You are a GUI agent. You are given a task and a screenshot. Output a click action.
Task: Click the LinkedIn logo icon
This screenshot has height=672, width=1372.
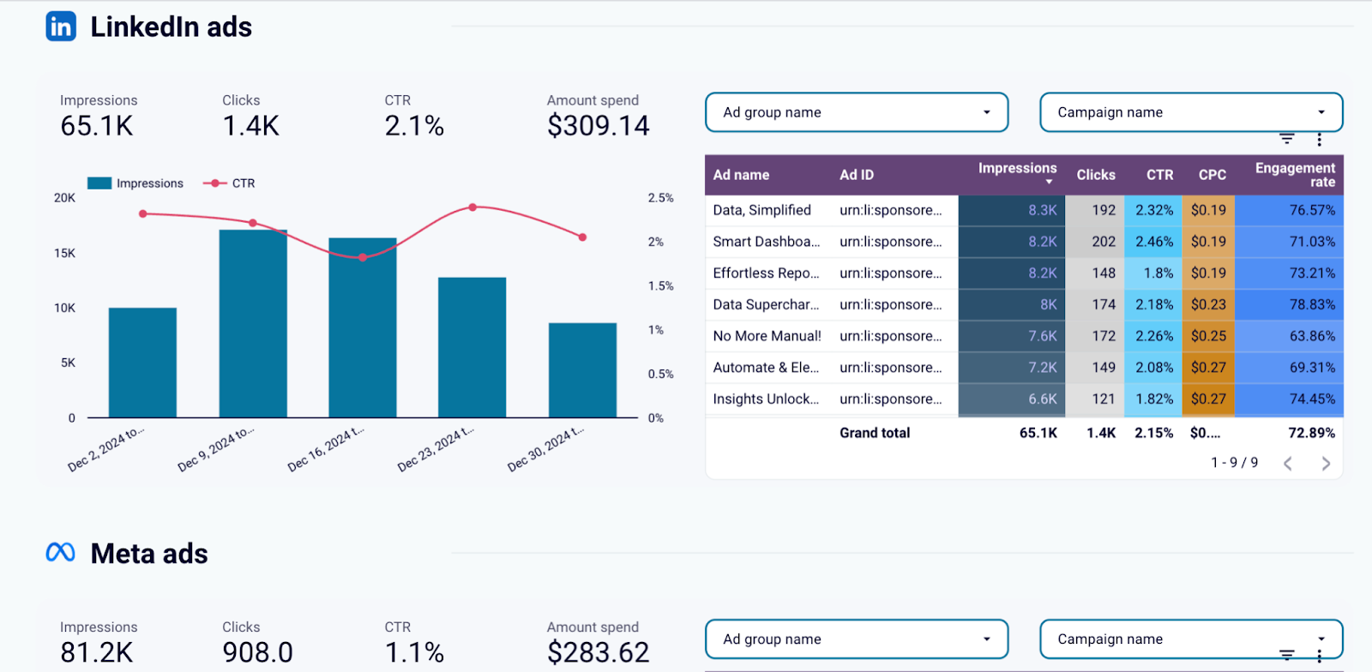tap(61, 27)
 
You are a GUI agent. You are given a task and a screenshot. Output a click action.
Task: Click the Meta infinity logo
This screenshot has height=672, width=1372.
tap(61, 553)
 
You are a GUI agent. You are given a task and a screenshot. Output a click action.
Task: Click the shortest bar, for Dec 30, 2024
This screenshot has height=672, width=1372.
tap(582, 370)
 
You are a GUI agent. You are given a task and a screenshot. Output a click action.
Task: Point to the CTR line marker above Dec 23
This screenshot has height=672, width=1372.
tap(472, 207)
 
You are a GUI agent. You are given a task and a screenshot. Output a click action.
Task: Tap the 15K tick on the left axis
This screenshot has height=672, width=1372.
tap(65, 253)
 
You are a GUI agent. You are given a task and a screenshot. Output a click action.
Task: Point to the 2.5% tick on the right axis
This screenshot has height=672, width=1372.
tap(660, 198)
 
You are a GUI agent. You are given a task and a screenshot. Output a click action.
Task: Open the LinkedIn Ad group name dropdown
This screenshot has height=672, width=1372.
tap(856, 112)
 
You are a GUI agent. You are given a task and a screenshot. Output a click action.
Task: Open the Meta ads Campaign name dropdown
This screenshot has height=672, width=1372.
tap(1190, 639)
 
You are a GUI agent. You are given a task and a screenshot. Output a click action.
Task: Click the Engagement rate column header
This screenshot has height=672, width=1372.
tap(1295, 175)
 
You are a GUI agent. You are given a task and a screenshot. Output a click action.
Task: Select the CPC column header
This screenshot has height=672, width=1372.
tap(1212, 175)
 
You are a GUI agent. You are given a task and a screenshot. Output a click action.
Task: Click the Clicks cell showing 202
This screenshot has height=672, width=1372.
tap(1103, 242)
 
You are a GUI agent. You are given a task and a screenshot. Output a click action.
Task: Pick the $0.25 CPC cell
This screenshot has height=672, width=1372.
tap(1207, 336)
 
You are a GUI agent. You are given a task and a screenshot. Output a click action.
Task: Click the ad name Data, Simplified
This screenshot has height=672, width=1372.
tap(761, 210)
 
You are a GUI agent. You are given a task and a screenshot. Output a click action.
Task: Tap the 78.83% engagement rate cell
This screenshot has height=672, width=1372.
tap(1311, 304)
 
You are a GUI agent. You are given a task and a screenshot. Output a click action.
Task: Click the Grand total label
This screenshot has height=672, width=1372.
tap(875, 433)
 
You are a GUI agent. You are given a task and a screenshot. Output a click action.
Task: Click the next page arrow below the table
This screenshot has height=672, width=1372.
tap(1326, 464)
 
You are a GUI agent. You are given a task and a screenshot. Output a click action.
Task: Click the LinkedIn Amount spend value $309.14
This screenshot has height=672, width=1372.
tap(598, 126)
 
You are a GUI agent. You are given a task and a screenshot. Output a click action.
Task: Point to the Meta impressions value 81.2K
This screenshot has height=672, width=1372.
tap(97, 652)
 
